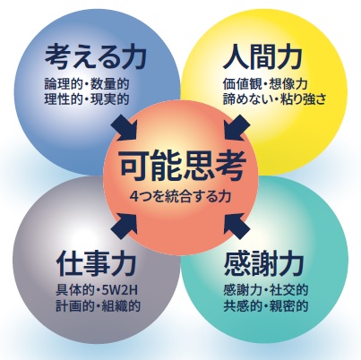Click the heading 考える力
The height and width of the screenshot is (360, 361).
pyautogui.click(x=96, y=56)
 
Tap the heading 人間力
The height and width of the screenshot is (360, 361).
pyautogui.click(x=262, y=56)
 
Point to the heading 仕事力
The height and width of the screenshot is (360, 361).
pyautogui.click(x=96, y=263)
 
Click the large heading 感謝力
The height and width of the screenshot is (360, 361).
pyautogui.click(x=263, y=263)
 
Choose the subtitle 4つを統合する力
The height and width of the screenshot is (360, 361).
pyautogui.click(x=181, y=197)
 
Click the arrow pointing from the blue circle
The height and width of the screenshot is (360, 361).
pyautogui.click(x=124, y=128)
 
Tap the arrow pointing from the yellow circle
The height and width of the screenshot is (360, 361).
pyautogui.click(x=237, y=128)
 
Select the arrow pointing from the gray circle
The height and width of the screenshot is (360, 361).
pyautogui.click(x=124, y=227)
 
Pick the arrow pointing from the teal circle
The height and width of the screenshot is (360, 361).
pyautogui.click(x=237, y=227)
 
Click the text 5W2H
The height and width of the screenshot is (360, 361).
pyautogui.click(x=121, y=290)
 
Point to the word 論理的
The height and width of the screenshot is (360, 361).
pyautogui.click(x=64, y=84)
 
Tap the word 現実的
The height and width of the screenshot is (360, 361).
pyautogui.click(x=110, y=99)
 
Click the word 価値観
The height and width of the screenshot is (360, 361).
pyautogui.click(x=242, y=84)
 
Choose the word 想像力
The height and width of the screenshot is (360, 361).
pyautogui.click(x=288, y=84)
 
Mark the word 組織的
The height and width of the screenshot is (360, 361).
pyautogui.click(x=121, y=306)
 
